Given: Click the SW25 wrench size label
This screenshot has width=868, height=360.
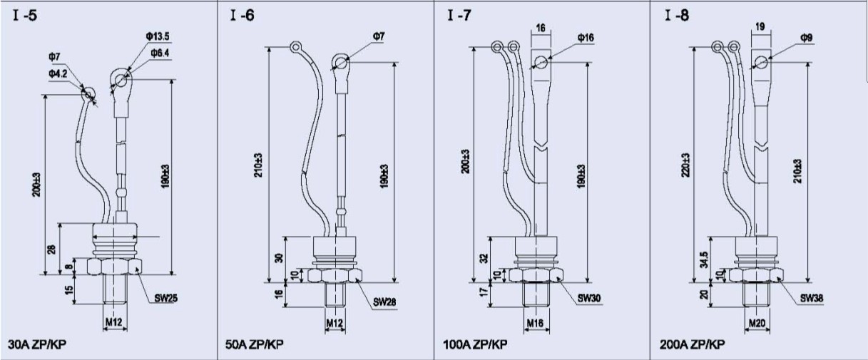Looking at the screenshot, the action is click(166, 299).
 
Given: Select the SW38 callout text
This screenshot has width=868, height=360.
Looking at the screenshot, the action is click(812, 298).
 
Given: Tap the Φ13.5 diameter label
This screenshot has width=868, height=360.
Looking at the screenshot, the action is click(158, 36).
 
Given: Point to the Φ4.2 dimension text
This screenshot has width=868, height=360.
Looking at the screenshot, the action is click(58, 73).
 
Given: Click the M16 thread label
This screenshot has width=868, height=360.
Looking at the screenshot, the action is click(535, 322).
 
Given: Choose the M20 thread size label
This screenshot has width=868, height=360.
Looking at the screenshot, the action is click(757, 323).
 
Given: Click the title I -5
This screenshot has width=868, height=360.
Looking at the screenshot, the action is click(25, 16).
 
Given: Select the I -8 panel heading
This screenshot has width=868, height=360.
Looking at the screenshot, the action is click(677, 16).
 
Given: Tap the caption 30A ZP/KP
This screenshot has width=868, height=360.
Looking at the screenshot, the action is click(37, 344).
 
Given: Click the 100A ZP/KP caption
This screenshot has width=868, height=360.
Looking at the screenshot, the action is click(475, 344).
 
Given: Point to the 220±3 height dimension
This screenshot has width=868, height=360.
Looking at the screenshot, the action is click(685, 165).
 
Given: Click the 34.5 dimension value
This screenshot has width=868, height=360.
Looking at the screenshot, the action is click(704, 259).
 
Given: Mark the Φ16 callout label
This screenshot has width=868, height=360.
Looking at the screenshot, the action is click(586, 38).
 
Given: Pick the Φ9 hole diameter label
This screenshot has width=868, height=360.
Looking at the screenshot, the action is click(807, 38).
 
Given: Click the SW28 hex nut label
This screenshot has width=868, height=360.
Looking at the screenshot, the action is click(385, 302).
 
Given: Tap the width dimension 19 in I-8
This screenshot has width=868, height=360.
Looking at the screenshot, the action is click(760, 27).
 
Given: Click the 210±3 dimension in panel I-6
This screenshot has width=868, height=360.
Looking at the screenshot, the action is click(258, 165).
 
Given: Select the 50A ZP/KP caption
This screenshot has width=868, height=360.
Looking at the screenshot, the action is click(254, 344).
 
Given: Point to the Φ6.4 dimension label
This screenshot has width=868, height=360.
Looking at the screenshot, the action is click(160, 53).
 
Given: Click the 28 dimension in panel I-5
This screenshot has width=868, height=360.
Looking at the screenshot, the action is click(51, 250).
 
